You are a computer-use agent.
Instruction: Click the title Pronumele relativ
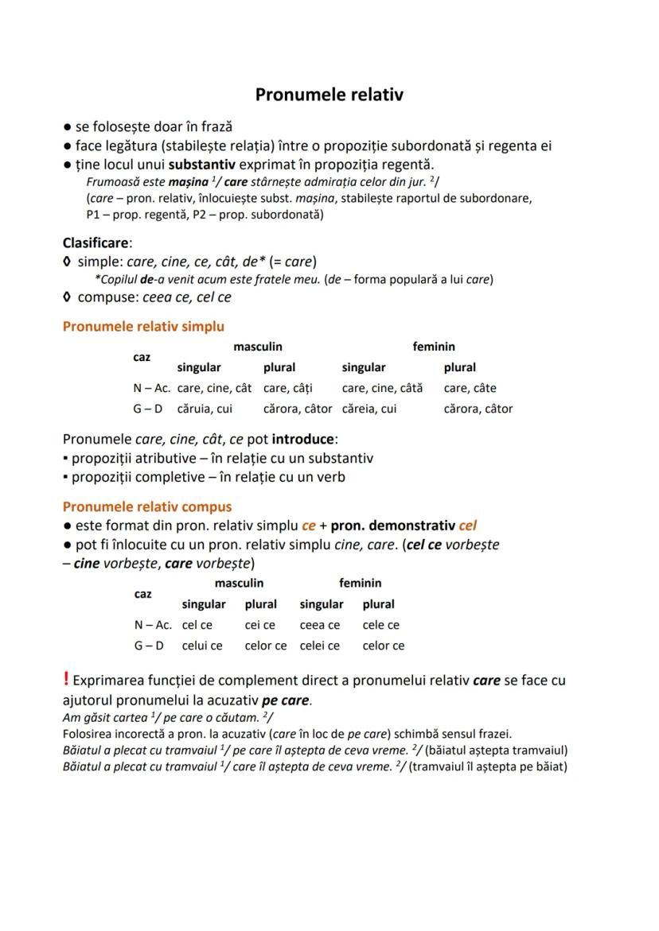(329, 95)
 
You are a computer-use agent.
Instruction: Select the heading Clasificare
(96, 242)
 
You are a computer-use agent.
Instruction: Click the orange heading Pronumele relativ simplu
(143, 326)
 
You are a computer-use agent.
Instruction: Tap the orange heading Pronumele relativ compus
(147, 506)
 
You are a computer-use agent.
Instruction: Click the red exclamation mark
(66, 679)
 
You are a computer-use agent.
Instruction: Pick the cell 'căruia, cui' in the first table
(205, 409)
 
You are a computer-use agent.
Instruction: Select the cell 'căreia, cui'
(368, 409)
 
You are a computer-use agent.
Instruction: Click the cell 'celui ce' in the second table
(202, 646)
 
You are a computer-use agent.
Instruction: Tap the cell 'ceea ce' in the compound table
(319, 625)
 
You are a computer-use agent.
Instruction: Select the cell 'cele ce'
(380, 625)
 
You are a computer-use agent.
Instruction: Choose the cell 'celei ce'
(319, 646)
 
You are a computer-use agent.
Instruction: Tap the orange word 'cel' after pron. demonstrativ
(468, 526)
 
